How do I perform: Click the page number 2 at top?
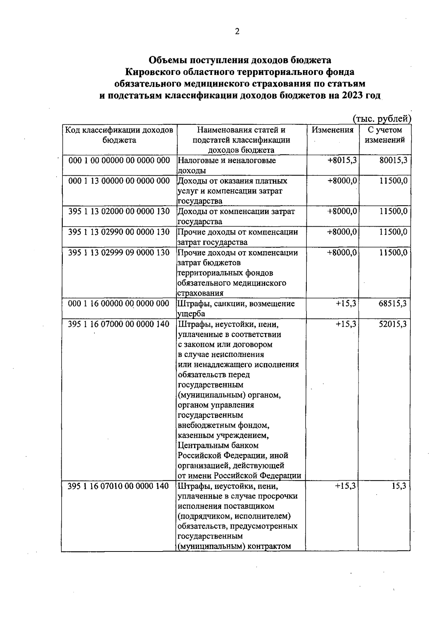237,32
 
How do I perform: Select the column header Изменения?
332,130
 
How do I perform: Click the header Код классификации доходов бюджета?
119,135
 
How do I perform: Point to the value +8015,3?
342,161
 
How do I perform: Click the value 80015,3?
393,161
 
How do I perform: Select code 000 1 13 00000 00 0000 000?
119,181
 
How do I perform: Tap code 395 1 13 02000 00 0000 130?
119,212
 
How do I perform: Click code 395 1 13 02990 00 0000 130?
119,232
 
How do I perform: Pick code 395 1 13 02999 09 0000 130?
119,253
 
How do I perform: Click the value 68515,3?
392,303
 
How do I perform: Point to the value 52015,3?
392,324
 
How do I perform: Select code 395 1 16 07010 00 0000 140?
119,486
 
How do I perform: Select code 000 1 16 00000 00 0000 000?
119,304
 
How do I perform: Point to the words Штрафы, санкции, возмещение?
236,304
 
